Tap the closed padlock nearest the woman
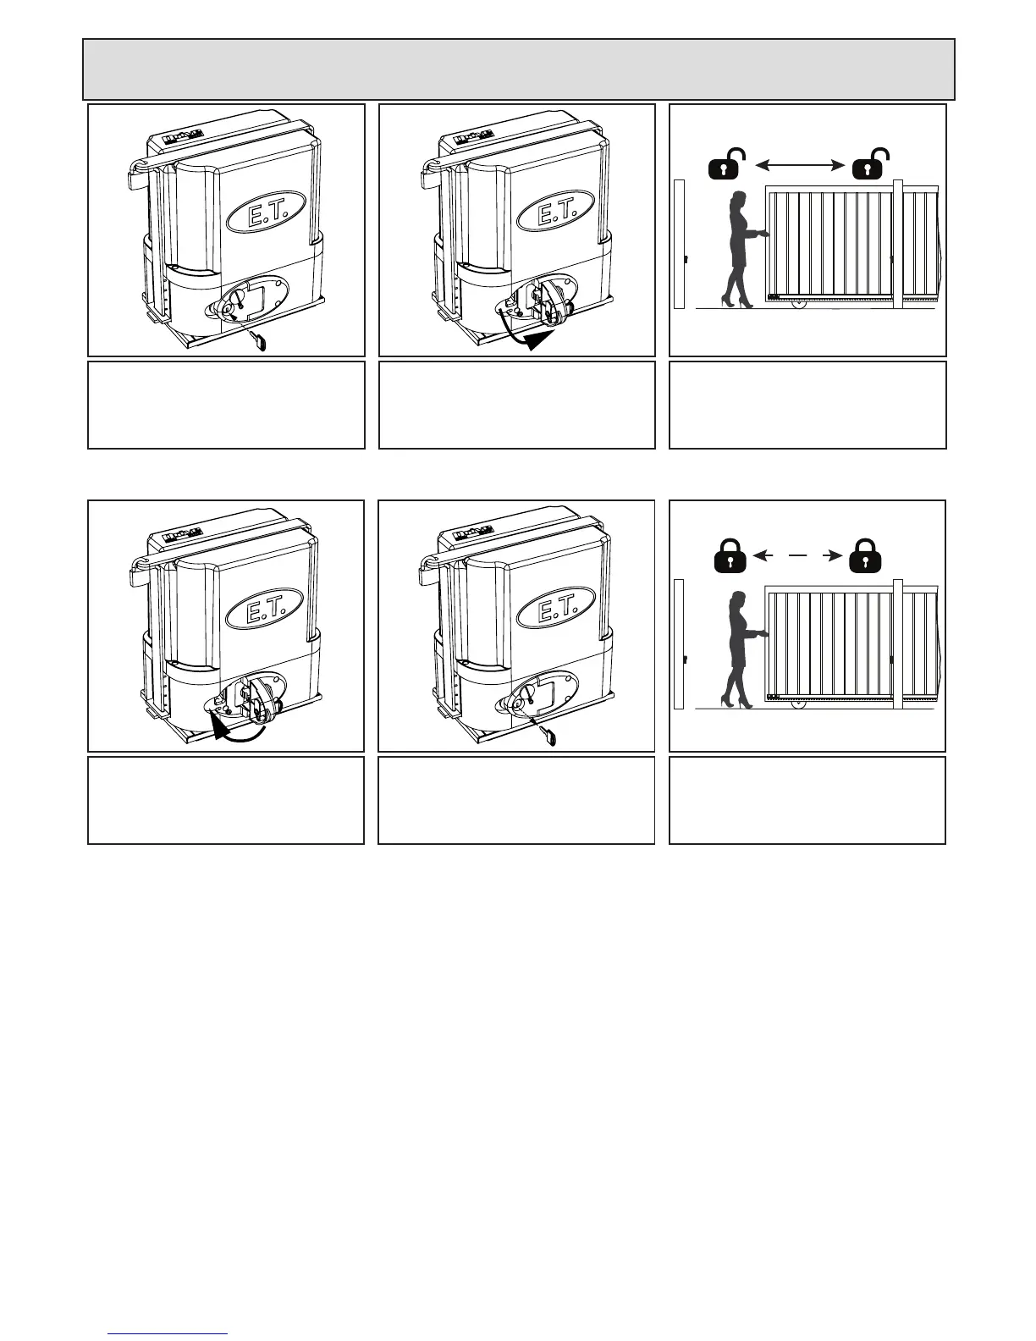(727, 556)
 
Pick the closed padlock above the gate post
(862, 556)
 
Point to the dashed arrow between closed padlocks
(795, 555)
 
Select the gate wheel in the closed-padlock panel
(796, 702)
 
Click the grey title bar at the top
(518, 69)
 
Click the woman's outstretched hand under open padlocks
(764, 234)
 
